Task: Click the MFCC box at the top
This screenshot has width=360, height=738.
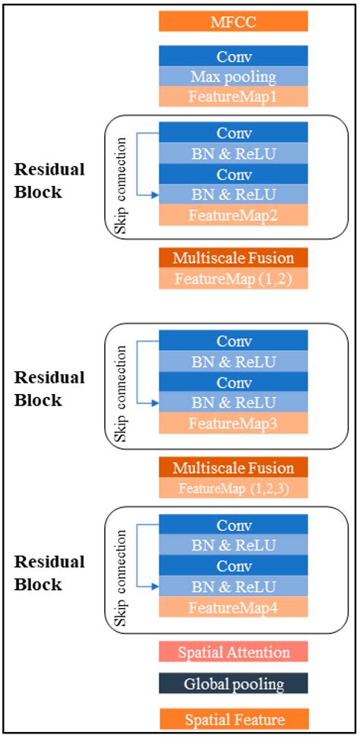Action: (233, 20)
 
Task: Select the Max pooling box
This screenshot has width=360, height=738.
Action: (233, 77)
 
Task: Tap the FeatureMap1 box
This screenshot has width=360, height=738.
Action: (233, 96)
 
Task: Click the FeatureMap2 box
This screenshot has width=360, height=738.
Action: (233, 215)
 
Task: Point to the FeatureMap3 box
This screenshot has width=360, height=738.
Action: (233, 421)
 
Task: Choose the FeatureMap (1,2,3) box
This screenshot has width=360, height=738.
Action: (233, 488)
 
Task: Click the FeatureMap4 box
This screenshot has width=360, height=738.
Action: (233, 607)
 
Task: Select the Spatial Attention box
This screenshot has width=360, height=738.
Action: (233, 651)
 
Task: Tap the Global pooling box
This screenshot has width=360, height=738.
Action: (233, 684)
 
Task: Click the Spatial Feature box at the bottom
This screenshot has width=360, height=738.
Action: (233, 719)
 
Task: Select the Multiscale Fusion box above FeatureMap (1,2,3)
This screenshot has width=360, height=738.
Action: (233, 467)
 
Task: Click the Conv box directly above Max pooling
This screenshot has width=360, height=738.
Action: (233, 56)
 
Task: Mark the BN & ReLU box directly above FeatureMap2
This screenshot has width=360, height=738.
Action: (233, 195)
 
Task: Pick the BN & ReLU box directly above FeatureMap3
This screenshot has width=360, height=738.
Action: (233, 401)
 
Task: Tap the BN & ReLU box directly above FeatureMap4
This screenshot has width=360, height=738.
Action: (233, 586)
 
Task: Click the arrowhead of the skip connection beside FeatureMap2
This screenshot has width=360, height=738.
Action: (155, 195)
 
